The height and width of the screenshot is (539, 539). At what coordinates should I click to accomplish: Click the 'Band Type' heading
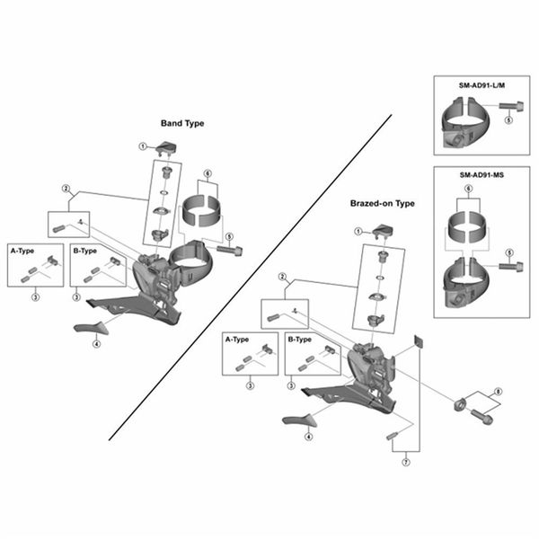coord(182,123)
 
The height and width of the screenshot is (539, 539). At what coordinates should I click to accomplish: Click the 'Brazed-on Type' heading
coord(383,204)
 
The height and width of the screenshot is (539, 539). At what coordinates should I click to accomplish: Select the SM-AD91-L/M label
coord(482,85)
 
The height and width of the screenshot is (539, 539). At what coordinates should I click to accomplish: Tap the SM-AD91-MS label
coord(482,175)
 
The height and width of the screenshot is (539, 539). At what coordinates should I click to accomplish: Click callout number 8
coord(498,392)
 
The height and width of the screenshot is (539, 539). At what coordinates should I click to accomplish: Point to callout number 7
coord(406,463)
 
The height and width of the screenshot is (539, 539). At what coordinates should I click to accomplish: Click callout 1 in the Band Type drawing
coord(143,146)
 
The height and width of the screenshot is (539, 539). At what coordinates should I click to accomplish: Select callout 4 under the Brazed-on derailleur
coord(309,437)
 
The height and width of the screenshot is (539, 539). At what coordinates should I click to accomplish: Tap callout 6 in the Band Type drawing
coord(208,173)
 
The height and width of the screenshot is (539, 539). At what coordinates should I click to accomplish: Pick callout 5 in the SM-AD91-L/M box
coord(508,120)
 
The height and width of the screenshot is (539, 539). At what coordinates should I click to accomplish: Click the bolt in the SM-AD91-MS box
coord(511,267)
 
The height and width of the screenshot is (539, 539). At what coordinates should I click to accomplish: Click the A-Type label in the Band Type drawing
coord(22,251)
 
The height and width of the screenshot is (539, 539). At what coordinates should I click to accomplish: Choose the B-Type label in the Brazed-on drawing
coord(300,340)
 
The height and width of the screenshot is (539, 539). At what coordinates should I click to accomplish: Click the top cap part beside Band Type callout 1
coord(166,149)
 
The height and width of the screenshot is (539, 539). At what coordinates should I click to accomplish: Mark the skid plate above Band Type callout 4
coord(92,328)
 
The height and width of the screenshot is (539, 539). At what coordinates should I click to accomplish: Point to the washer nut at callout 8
coord(460,404)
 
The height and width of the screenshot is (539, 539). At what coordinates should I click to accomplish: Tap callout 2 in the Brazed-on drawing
coord(282,277)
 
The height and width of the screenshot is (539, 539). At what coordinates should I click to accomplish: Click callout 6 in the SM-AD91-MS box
coord(468,189)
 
